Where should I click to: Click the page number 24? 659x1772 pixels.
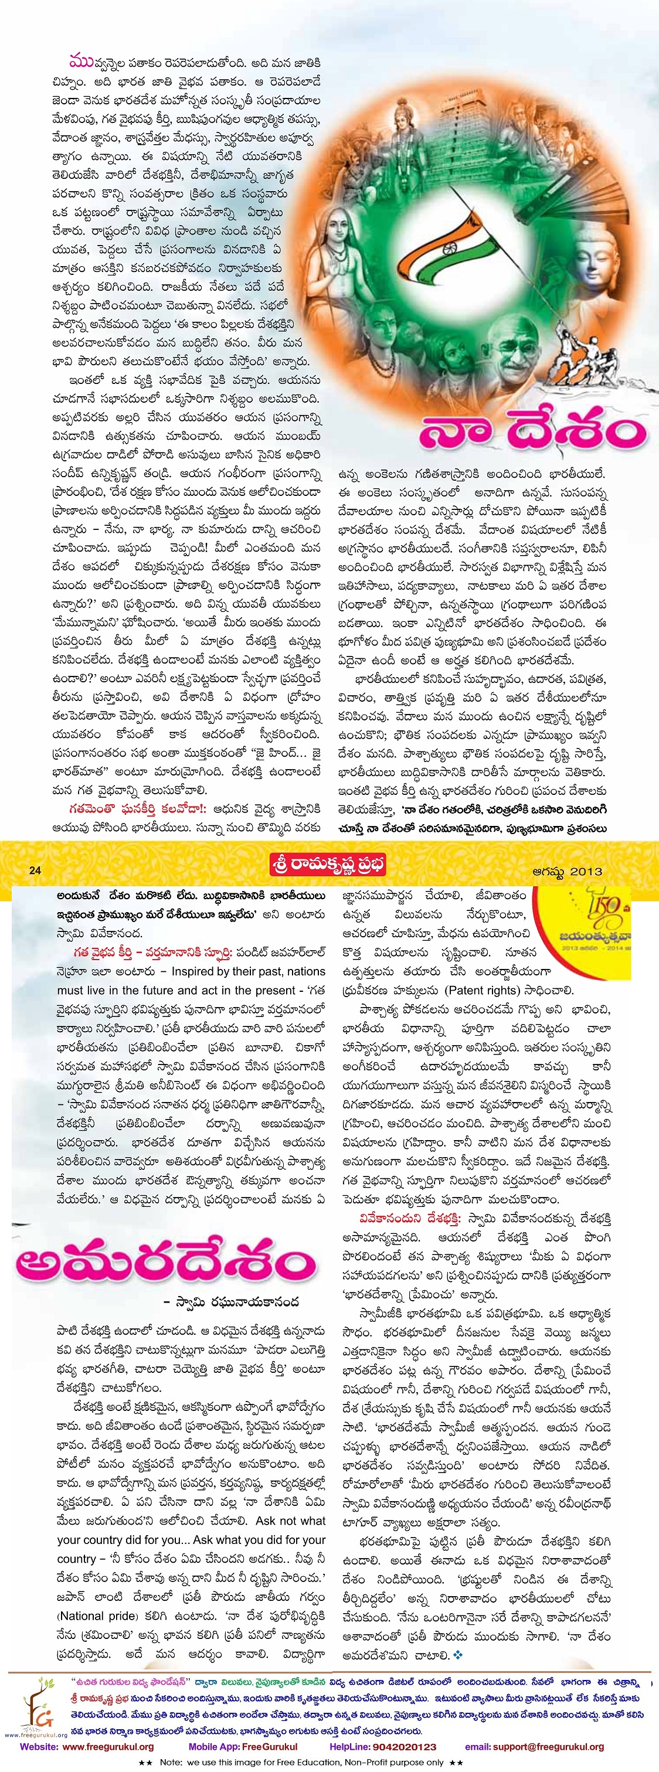(35, 870)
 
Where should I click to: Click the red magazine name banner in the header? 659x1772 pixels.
(328, 864)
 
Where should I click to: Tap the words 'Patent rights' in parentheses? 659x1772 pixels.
(481, 991)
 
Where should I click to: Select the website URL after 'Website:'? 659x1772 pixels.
(108, 1747)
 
